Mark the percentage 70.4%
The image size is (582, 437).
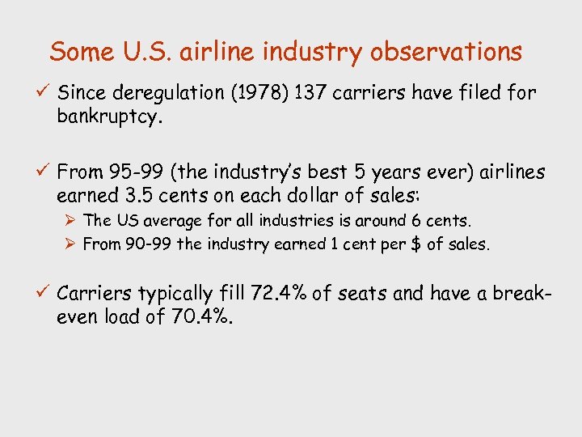tap(203, 318)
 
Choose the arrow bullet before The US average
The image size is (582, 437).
tap(71, 220)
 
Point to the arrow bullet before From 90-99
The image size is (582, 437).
tap(71, 244)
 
